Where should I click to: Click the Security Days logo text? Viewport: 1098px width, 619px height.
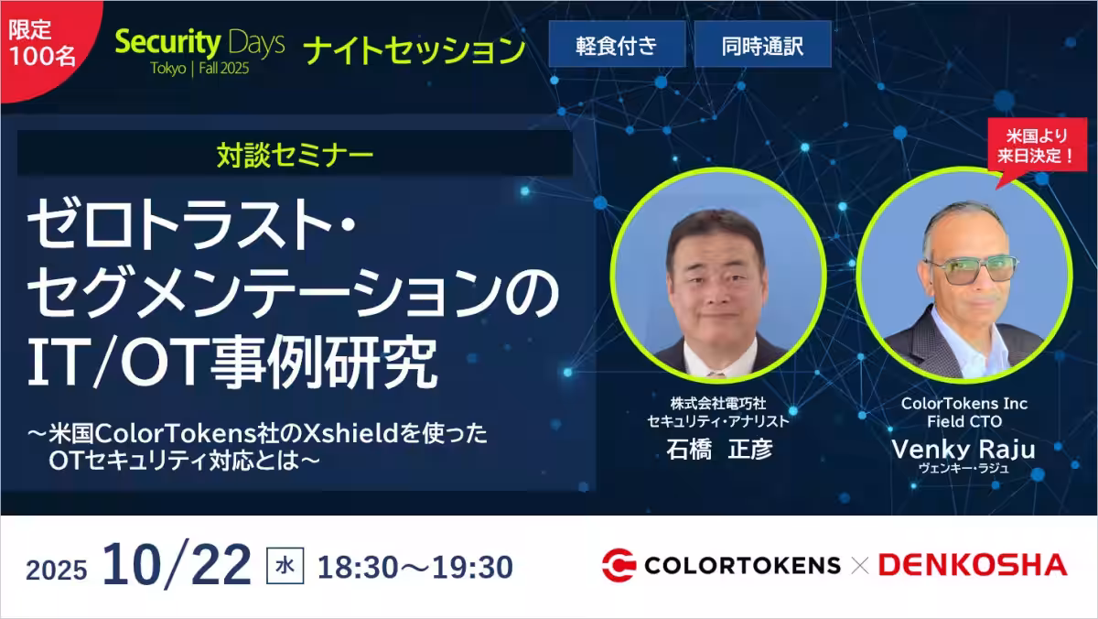click(199, 43)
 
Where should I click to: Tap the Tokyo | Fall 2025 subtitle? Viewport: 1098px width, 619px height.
click(199, 68)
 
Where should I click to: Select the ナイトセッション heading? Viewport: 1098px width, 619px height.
click(414, 50)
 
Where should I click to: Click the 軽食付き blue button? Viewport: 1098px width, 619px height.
click(617, 44)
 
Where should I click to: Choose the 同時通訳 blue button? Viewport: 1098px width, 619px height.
click(763, 44)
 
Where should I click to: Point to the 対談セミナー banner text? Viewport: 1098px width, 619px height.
click(295, 155)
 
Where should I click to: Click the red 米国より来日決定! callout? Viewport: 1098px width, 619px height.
click(1036, 147)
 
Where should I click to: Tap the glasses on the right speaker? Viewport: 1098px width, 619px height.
click(972, 269)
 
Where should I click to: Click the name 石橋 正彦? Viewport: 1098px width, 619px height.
click(719, 450)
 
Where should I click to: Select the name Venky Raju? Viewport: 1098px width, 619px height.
click(963, 450)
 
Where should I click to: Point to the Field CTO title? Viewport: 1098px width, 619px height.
click(964, 421)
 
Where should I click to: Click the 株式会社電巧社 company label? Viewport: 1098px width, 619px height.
click(718, 404)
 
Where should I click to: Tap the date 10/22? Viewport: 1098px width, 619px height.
click(177, 565)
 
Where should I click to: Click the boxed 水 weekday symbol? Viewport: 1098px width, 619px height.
click(285, 566)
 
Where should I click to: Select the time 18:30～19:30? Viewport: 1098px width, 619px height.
click(415, 567)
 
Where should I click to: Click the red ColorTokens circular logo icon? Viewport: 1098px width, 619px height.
click(619, 565)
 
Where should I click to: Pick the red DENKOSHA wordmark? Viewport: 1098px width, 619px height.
click(973, 565)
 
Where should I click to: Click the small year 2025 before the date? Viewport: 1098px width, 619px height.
click(57, 570)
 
